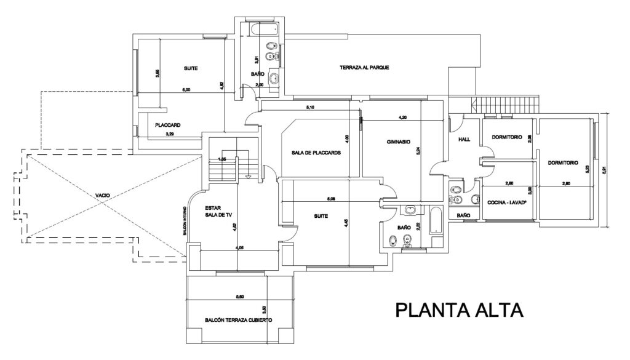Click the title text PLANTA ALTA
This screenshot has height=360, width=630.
pyautogui.click(x=458, y=309)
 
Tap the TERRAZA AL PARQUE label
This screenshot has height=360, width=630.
pyautogui.click(x=365, y=68)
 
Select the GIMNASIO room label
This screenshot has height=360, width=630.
pyautogui.click(x=399, y=141)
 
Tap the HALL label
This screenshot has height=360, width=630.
pyautogui.click(x=465, y=140)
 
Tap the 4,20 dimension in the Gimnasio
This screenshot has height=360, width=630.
pyautogui.click(x=403, y=116)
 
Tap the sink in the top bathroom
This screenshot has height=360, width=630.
pyautogui.click(x=275, y=78)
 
